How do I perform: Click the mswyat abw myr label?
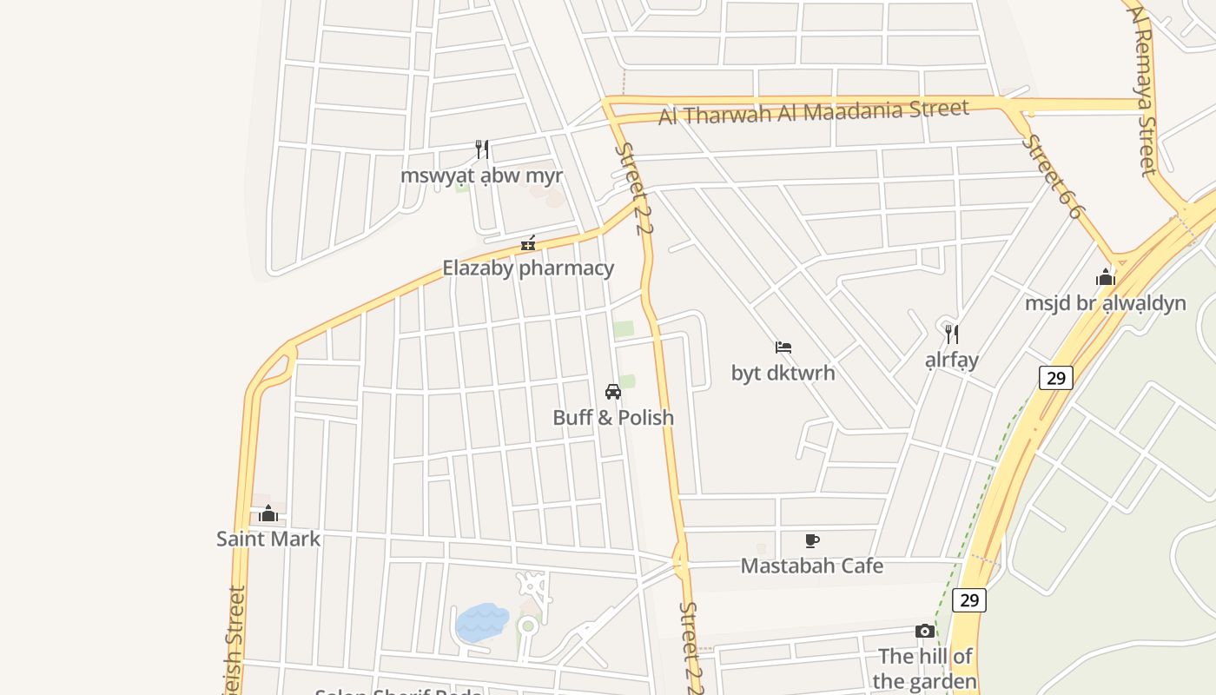coord(481,175)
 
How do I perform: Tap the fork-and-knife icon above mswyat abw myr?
coord(482,149)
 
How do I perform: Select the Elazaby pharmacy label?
coord(528,268)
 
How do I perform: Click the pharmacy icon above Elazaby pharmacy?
coord(527,243)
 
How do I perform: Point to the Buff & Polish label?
coord(613,417)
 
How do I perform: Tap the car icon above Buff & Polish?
coord(613,392)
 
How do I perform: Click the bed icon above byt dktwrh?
coord(783,347)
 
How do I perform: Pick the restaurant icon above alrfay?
coord(952,334)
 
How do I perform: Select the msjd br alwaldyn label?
coord(1106,303)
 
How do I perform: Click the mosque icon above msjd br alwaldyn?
coord(1106,278)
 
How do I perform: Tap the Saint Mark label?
coord(268,539)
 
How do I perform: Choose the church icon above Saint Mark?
coord(268,513)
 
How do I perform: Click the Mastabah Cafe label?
coord(812,566)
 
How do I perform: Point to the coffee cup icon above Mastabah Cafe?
coord(812,541)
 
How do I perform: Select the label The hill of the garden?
coord(925,668)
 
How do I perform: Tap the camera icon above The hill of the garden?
coord(925,632)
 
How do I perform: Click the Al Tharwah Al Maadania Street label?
coord(813,111)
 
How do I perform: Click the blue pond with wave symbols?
coord(483,622)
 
